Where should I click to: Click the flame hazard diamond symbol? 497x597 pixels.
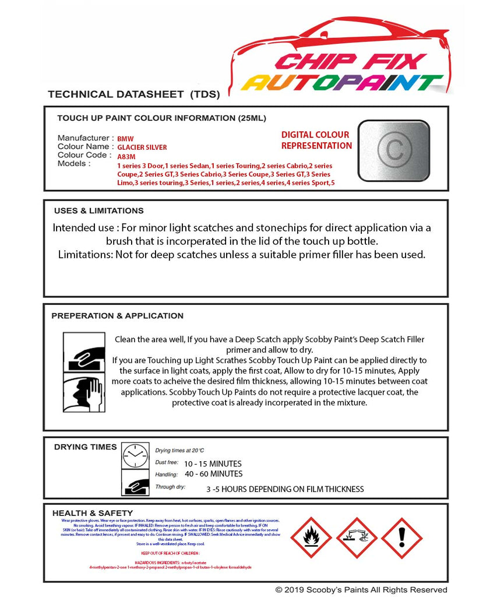click(x=311, y=538)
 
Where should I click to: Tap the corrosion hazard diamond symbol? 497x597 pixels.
click(x=357, y=538)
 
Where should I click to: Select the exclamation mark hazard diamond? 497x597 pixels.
click(x=401, y=538)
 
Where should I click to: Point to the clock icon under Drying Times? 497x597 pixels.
click(x=135, y=456)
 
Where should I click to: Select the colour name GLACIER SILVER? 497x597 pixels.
click(x=142, y=148)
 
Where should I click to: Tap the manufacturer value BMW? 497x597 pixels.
click(x=125, y=139)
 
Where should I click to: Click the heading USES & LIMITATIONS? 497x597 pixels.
click(x=98, y=210)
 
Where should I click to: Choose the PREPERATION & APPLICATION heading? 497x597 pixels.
click(x=117, y=315)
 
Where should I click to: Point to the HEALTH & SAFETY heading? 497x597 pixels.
click(x=89, y=513)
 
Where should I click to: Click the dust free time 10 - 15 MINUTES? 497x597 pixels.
click(x=213, y=463)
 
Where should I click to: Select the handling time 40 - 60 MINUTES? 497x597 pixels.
click(x=213, y=473)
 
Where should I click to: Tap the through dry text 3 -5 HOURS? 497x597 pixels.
click(x=285, y=489)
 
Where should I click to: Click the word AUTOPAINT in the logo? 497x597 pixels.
click(x=342, y=83)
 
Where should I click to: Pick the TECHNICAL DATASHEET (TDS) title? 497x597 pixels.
click(x=133, y=94)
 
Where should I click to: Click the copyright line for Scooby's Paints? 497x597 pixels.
click(x=361, y=589)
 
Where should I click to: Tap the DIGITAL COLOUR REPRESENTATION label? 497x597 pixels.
click(x=316, y=141)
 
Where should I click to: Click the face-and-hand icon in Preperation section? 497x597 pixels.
click(x=84, y=394)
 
